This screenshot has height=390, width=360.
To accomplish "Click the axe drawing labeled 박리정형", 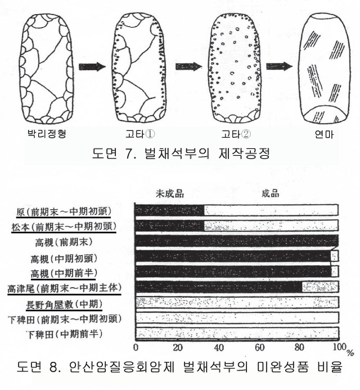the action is click(47, 69).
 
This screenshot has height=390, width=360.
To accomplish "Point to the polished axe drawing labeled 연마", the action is click(324, 69).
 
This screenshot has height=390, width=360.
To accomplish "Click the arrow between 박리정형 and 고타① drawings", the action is click(92, 67).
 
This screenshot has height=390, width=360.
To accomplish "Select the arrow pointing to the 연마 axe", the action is click(280, 66).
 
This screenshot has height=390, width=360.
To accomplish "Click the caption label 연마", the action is click(324, 134).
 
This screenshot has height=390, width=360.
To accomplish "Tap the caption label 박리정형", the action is click(47, 134).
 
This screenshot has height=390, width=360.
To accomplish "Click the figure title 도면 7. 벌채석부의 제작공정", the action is click(181, 153).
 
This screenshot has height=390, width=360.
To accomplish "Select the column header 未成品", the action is click(170, 193).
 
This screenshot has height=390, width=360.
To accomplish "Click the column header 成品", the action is click(271, 193).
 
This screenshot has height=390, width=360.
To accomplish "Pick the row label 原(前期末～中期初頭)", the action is click(64, 212).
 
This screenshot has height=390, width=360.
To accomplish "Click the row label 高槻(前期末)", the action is click(64, 242).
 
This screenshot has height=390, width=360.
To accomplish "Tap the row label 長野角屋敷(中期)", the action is click(64, 304).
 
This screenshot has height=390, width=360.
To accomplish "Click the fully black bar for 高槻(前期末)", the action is click(237, 241).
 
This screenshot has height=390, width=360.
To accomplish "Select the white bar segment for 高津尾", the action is click(320, 287).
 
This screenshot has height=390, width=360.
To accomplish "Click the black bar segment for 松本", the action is click(170, 225).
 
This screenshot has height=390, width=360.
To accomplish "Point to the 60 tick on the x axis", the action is click(259, 347).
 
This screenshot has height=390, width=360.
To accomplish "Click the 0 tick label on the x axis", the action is click(136, 347).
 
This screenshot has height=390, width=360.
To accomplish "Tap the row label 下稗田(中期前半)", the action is click(65, 334).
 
